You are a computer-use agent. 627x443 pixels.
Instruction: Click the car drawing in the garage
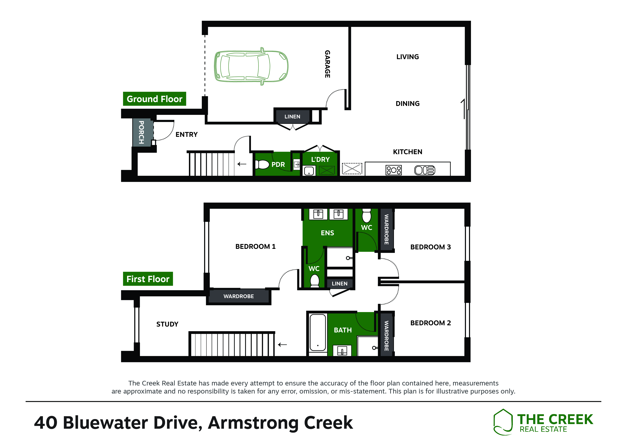point(251,66)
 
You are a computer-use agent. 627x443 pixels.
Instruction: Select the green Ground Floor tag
point(155,99)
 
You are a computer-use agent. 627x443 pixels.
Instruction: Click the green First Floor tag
point(148,279)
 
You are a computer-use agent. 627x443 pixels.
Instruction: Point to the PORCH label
point(141,132)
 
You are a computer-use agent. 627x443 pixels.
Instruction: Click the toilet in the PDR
point(262,164)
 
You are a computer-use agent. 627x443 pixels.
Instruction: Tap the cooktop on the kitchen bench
point(394,170)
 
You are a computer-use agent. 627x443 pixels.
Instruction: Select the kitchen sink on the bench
point(425,170)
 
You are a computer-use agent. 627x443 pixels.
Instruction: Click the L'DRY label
point(320,159)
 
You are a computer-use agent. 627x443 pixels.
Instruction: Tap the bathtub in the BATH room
point(318,332)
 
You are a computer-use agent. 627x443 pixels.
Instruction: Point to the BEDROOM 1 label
point(255,247)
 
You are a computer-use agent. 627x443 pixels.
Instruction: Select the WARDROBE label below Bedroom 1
point(239,296)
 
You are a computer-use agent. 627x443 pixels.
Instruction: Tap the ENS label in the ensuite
point(327,233)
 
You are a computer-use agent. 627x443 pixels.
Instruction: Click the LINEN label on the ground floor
point(292,116)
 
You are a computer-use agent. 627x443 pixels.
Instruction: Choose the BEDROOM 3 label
point(430,247)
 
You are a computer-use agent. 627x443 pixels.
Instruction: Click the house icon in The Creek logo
point(503,422)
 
